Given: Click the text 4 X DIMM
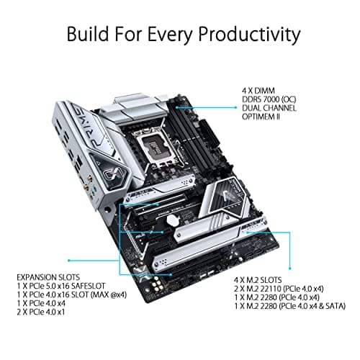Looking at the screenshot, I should [x=259, y=91].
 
